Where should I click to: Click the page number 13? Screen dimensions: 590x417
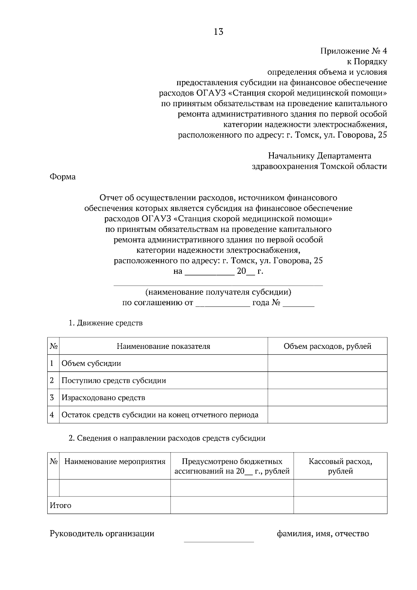(x=219, y=32)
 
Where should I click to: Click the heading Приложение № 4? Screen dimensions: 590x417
(x=353, y=51)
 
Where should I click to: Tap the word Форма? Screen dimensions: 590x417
(x=63, y=177)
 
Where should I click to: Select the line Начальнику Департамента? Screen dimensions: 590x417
(x=319, y=156)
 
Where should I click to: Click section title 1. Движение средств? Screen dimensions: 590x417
(x=106, y=323)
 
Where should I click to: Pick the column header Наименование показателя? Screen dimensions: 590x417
(x=163, y=346)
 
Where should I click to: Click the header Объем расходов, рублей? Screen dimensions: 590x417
(x=327, y=346)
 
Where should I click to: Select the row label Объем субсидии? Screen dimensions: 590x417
(x=91, y=363)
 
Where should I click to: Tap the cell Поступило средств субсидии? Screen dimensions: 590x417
(x=114, y=380)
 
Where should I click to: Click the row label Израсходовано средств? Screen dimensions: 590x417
(x=103, y=398)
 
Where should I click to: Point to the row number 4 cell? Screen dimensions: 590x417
(x=52, y=415)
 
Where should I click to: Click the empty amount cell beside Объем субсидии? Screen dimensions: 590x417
(x=327, y=363)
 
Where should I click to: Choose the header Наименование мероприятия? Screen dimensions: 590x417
(x=115, y=462)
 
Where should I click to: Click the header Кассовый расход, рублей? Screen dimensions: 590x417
(x=340, y=466)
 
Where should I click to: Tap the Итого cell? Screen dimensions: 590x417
(x=61, y=505)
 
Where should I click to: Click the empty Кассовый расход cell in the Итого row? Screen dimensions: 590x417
(x=340, y=505)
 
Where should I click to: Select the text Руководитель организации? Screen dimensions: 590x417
(x=102, y=533)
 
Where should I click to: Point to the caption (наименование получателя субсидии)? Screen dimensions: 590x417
(x=218, y=292)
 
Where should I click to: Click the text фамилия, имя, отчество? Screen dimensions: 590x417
(x=323, y=533)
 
